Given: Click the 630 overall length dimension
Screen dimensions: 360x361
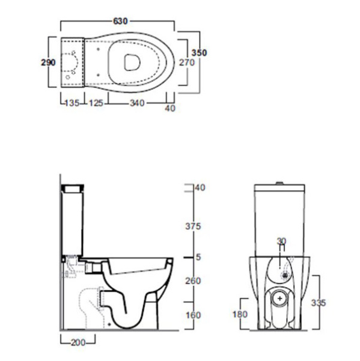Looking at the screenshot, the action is (x=120, y=21).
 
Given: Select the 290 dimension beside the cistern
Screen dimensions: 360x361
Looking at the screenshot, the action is (x=48, y=63).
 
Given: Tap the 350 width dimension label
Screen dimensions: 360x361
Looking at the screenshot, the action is (x=199, y=53).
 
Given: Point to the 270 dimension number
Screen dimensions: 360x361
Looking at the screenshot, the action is (x=187, y=63).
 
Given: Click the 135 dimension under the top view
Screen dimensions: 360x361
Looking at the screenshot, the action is (x=72, y=103).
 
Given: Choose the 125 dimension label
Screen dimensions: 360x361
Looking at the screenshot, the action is (x=96, y=103).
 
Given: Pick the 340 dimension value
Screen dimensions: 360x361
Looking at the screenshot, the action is (x=138, y=103).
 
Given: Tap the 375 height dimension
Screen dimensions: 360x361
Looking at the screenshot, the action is (x=194, y=226).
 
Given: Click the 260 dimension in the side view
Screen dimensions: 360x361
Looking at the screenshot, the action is (x=194, y=281).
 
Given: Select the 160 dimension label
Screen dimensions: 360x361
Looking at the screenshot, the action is (x=194, y=315).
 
